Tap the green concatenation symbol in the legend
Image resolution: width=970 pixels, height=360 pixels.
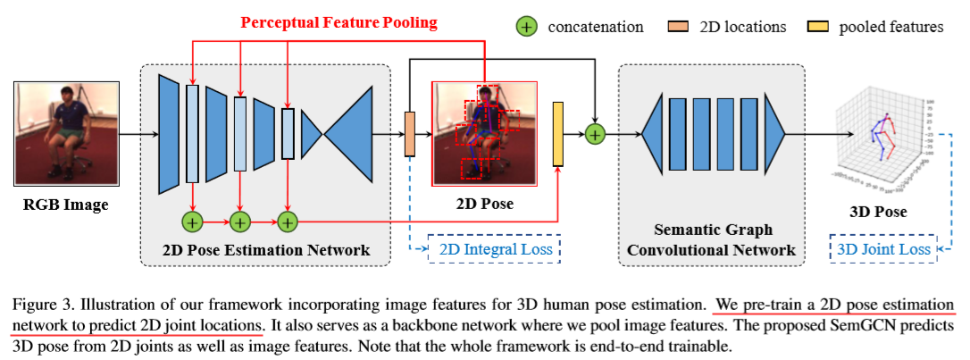(x=528, y=26)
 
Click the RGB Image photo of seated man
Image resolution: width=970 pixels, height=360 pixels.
(x=62, y=133)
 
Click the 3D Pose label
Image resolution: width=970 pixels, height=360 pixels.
(x=876, y=212)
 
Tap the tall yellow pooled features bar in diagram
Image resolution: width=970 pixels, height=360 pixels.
(x=558, y=134)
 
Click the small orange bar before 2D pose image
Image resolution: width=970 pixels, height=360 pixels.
(x=411, y=134)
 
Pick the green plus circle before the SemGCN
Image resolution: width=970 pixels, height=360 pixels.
(x=595, y=134)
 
